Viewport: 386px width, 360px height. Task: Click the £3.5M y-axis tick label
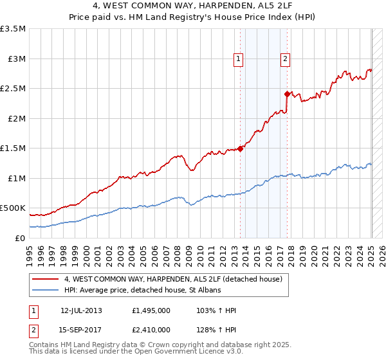[x=13, y=29]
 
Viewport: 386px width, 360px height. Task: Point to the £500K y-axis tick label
[x=13, y=208]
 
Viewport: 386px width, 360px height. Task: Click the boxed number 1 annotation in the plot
[x=239, y=59]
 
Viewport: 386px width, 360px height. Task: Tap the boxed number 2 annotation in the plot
[x=285, y=59]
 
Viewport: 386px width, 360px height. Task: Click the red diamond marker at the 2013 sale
[x=241, y=148]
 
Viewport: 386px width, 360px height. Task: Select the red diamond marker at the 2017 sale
[x=288, y=93]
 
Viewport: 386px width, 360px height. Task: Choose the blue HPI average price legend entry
[x=142, y=291]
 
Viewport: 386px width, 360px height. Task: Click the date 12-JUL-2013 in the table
[x=81, y=310]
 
